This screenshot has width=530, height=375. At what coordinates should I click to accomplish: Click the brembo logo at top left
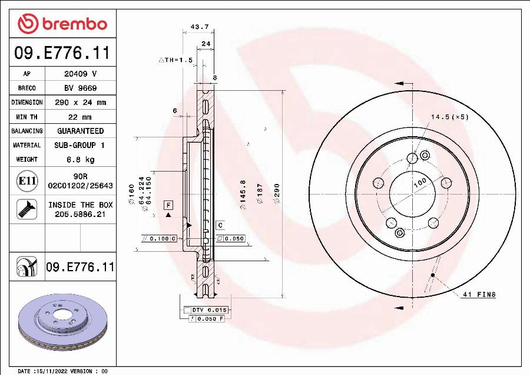(62, 24)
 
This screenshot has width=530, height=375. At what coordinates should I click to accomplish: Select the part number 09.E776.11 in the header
(62, 54)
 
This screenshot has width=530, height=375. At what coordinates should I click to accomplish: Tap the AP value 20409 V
(80, 74)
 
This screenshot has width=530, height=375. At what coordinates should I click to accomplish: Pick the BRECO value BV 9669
(80, 88)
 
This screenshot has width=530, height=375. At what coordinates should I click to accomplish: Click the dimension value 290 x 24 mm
(80, 102)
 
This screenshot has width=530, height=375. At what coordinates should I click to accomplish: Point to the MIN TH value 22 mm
(80, 117)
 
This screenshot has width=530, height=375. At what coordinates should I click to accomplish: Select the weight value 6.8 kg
(80, 159)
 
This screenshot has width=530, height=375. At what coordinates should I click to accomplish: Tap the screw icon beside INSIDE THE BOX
(26, 209)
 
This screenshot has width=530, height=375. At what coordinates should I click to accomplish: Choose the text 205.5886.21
(80, 214)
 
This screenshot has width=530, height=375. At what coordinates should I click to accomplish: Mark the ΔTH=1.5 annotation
(175, 60)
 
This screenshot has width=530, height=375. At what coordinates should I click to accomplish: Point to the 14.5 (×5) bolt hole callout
(449, 117)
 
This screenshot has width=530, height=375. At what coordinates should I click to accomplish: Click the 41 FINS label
(479, 294)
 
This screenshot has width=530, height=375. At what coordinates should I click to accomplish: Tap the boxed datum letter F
(168, 205)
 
